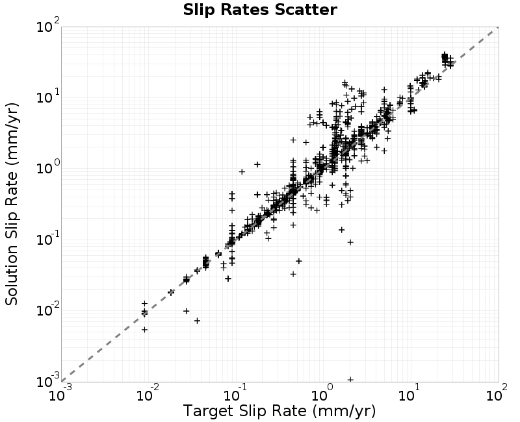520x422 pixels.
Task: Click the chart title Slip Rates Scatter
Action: point(260,10)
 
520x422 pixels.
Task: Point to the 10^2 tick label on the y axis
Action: point(48,25)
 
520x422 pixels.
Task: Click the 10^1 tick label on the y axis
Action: point(48,96)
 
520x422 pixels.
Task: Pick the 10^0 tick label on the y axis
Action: point(48,168)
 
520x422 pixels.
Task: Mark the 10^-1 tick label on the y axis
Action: point(48,238)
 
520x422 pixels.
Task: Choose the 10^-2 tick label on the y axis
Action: point(48,310)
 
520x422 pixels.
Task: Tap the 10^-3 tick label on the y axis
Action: point(48,380)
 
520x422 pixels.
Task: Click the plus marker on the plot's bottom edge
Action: point(350,380)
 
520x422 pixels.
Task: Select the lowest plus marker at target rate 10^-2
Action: point(144,330)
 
